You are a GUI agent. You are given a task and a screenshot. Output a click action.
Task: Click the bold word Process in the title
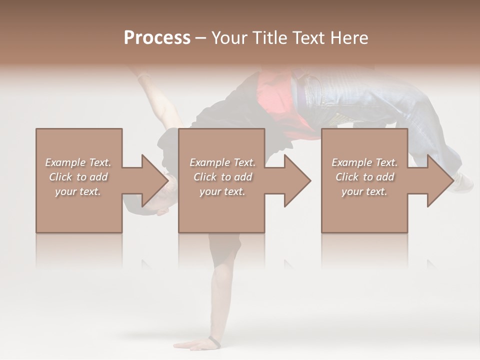click(157, 38)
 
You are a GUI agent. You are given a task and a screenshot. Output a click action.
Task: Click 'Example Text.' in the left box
click(78, 162)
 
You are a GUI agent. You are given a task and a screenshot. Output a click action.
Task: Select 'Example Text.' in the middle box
click(222, 162)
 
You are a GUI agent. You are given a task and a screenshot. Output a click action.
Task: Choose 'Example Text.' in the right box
click(364, 162)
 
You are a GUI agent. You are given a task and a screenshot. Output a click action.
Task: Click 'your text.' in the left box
click(78, 191)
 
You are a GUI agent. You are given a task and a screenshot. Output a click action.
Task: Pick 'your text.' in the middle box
click(222, 191)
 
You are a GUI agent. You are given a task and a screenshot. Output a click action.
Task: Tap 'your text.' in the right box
click(364, 191)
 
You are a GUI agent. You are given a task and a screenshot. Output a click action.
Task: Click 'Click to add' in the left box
click(78, 177)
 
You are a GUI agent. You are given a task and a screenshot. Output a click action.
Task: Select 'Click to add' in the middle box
click(222, 177)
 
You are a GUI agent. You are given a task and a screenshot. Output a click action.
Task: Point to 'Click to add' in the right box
click(364, 177)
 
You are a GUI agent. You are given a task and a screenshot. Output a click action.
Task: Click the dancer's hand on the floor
click(192, 344)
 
